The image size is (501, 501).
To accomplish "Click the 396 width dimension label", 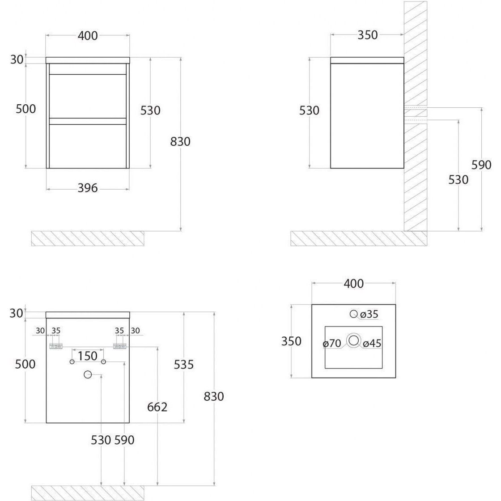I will pos(88,188).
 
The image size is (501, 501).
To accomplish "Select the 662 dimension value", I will pos(158,407).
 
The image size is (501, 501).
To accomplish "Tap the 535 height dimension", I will pos(184,365).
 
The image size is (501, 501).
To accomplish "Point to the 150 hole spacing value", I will pos(88,356).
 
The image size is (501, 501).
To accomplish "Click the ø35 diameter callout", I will pos(369,314).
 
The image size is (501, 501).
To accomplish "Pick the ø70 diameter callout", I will pos(332,344).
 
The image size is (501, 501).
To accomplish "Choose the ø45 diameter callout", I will pos(372,344).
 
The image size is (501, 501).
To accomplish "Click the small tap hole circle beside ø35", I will pos(354,314).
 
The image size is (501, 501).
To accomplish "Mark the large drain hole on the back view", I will pos(88,375).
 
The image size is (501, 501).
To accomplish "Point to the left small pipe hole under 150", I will pos(72,361).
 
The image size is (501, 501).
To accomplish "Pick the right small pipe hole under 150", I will pos(103,361).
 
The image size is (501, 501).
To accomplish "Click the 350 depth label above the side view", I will pos(368,35).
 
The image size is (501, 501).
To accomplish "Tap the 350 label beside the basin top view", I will pos(291,341).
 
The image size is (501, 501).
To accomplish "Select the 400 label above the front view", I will pos(88,36).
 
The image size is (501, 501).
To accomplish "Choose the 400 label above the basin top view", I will pos(353,284).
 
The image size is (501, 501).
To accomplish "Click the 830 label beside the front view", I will pos(180,142).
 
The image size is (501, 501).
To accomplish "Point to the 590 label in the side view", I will pos(481,165).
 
